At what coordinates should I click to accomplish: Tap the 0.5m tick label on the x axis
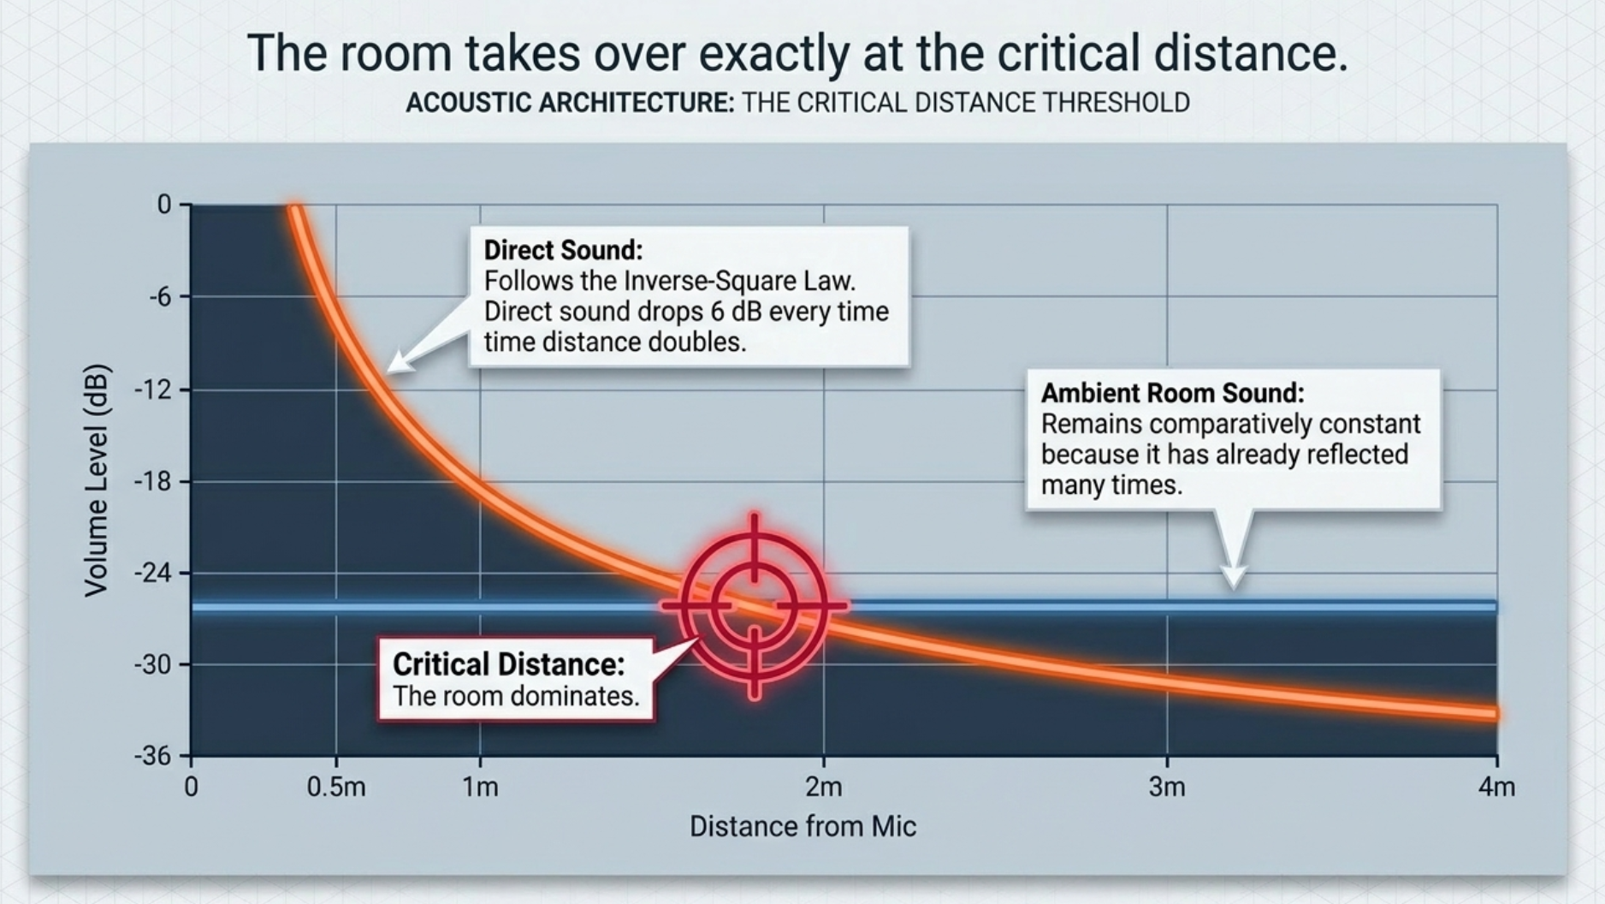336,787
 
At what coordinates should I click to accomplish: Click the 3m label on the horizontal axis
1167,787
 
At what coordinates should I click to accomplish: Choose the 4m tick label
1496,787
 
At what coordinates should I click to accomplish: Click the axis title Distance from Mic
802,827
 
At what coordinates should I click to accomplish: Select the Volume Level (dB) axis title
97,480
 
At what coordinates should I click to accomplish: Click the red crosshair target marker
754,606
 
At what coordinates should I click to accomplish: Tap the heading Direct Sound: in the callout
563,250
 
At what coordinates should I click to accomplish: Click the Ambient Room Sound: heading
1172,393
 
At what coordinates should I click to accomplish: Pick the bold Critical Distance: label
508,664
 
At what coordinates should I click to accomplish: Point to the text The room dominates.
516,696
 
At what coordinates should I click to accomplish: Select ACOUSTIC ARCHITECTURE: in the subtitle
570,103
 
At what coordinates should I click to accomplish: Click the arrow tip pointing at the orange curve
388,372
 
